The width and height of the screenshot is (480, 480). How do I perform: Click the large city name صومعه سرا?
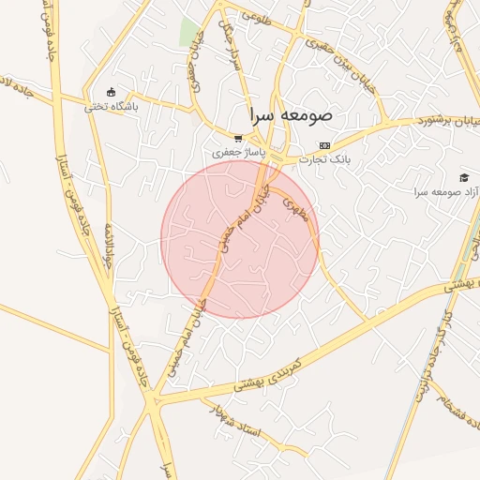pyautogui.click(x=292, y=117)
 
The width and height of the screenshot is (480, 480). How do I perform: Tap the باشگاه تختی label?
pyautogui.click(x=112, y=107)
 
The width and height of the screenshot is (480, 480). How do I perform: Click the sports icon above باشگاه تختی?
pyautogui.click(x=112, y=92)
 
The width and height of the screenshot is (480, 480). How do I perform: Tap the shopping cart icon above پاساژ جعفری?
pyautogui.click(x=238, y=138)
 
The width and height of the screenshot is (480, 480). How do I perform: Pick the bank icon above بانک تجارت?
pyautogui.click(x=324, y=145)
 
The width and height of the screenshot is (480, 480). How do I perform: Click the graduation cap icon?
pyautogui.click(x=463, y=177)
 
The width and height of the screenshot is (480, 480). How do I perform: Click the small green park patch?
pyautogui.click(x=190, y=31)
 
